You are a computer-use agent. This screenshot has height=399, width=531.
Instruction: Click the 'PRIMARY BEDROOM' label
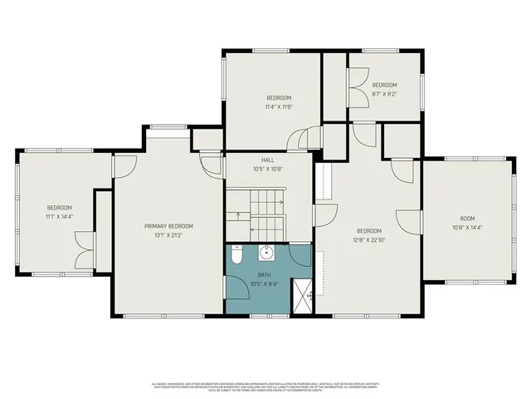click(x=168, y=226)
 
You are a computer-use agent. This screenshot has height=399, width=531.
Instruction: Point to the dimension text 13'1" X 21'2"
click(x=168, y=234)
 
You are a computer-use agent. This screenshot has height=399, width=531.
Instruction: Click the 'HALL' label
click(x=267, y=160)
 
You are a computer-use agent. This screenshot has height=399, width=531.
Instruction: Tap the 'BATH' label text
click(x=264, y=274)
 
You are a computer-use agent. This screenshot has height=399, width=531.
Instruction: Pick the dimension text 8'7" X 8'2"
click(x=384, y=94)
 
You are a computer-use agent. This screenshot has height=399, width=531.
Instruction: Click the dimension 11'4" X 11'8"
click(x=278, y=106)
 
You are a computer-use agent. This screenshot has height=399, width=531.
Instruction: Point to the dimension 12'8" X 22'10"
click(x=369, y=239)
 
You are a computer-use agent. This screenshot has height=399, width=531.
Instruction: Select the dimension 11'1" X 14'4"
click(x=59, y=216)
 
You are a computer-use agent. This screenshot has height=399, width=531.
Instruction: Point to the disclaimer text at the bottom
click(x=265, y=387)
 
